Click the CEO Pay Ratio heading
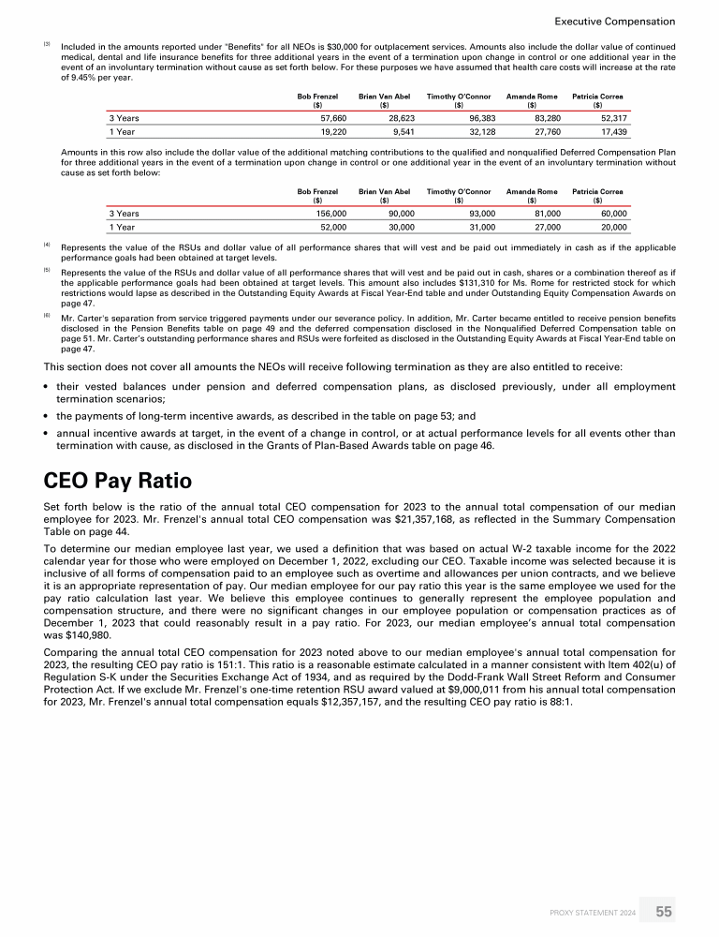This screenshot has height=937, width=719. (x=118, y=482)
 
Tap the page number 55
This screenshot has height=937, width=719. (x=664, y=910)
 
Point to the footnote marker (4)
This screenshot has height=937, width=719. (x=47, y=245)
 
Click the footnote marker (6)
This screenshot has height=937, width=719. (x=47, y=316)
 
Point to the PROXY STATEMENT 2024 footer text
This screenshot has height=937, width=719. (x=594, y=911)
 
